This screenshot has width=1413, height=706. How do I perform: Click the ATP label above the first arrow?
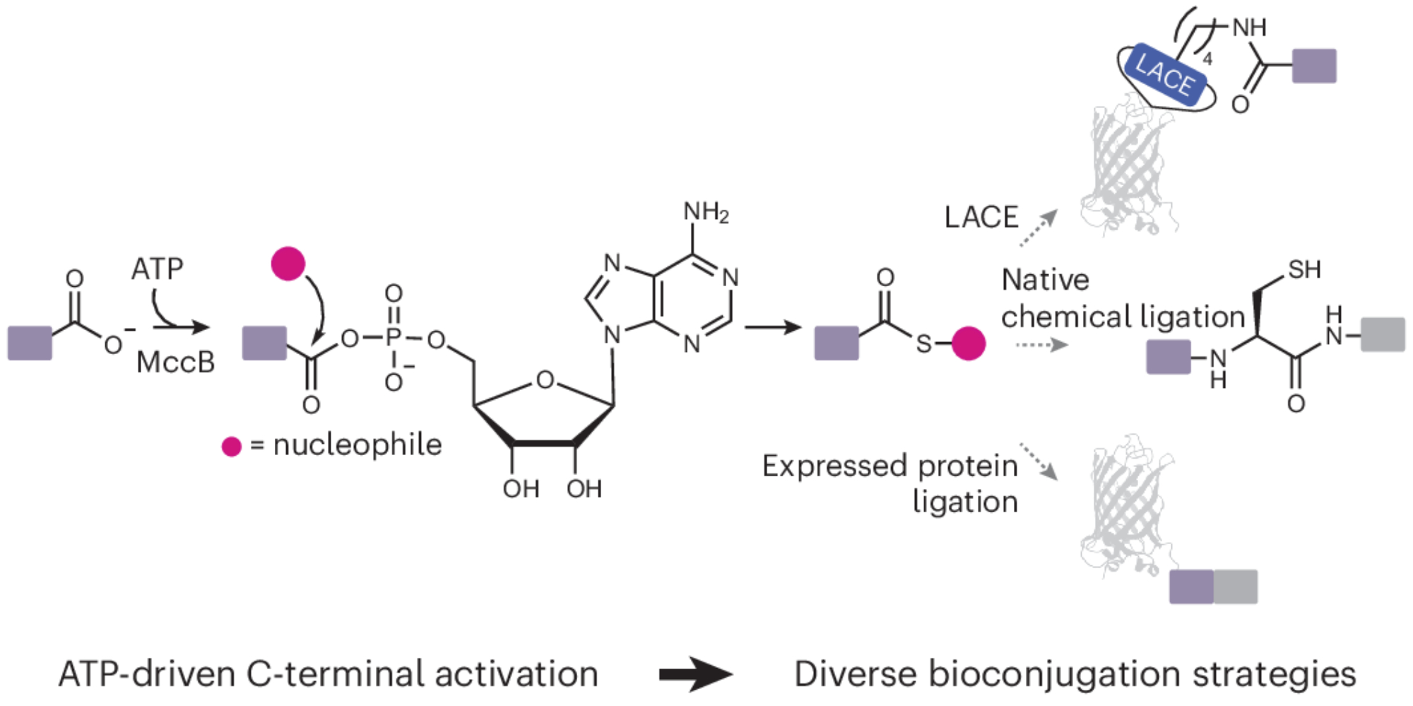157,269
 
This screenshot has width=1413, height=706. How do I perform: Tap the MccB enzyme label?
175,363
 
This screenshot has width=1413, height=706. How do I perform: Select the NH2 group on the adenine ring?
705,211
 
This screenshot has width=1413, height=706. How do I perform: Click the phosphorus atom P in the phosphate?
394,339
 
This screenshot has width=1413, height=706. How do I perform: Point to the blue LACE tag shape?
1165,75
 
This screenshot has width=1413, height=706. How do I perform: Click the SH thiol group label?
1304,269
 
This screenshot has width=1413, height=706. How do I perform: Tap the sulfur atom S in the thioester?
924,344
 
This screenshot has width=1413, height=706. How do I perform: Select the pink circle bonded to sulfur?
969,343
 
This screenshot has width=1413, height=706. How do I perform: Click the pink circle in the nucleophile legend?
232,447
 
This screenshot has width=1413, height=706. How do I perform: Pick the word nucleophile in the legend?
357,445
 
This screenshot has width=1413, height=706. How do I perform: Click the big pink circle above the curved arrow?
288,264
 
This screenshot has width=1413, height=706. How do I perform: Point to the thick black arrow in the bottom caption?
695,674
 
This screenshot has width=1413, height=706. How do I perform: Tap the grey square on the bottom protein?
1236,587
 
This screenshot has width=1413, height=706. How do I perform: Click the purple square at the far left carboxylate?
30,343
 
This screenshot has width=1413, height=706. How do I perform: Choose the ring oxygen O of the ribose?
544,380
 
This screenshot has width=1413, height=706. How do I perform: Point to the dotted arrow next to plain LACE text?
1039,228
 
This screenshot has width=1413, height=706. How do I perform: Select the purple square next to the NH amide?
1314,66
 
